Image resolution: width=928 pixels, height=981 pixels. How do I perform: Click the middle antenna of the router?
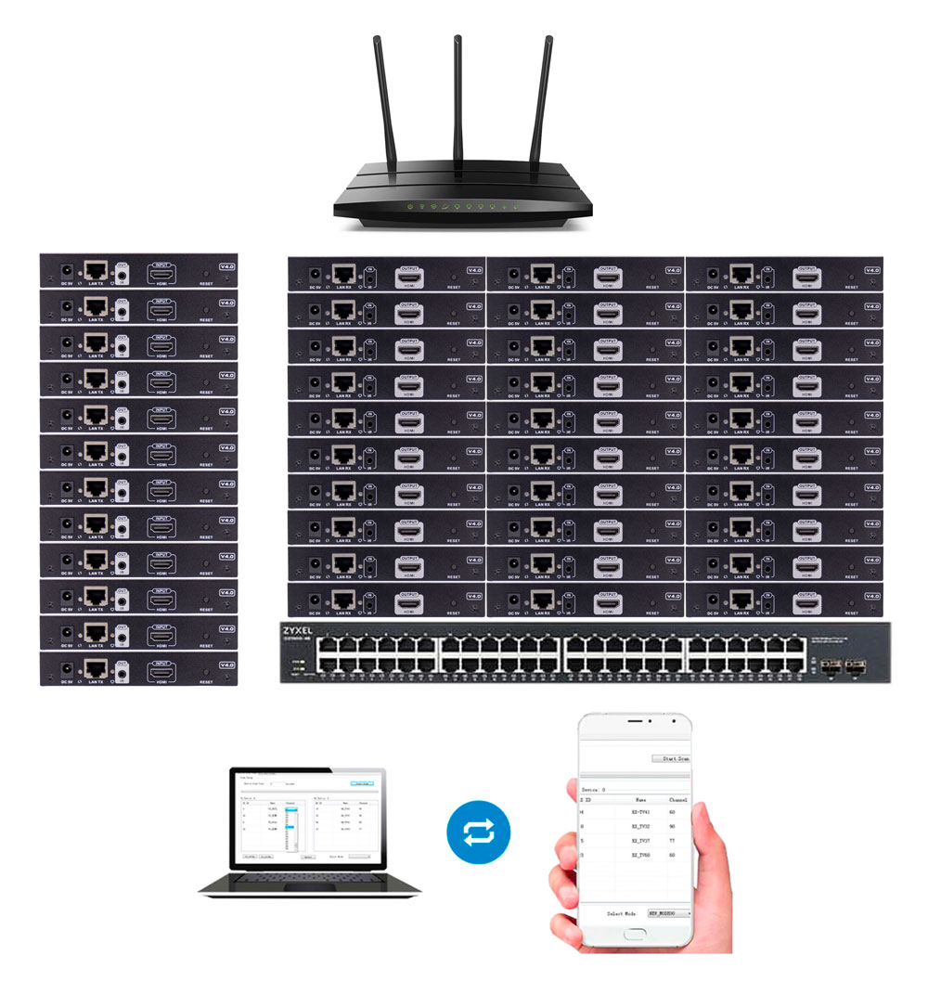coord(458,102)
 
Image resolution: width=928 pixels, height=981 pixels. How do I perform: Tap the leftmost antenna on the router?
coord(381,102)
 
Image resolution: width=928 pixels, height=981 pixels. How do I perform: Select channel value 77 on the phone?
coord(672,840)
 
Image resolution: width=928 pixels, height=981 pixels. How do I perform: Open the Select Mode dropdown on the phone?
coord(668,913)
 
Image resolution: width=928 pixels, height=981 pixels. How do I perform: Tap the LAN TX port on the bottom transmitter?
coord(96,667)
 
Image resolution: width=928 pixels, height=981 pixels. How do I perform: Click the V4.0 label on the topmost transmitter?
coord(226,266)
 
